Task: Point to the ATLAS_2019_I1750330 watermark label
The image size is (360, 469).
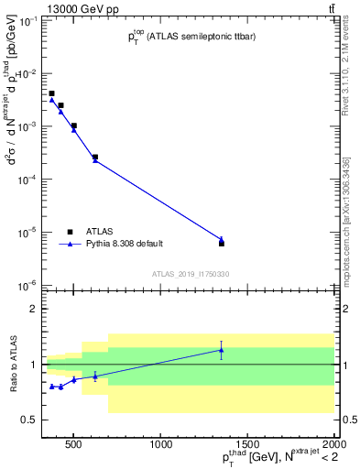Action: (x=191, y=274)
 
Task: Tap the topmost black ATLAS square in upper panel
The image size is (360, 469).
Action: (x=52, y=93)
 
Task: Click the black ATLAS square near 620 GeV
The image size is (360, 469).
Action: (x=95, y=157)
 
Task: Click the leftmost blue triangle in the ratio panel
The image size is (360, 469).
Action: (x=52, y=386)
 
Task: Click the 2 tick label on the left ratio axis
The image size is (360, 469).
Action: (x=33, y=309)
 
